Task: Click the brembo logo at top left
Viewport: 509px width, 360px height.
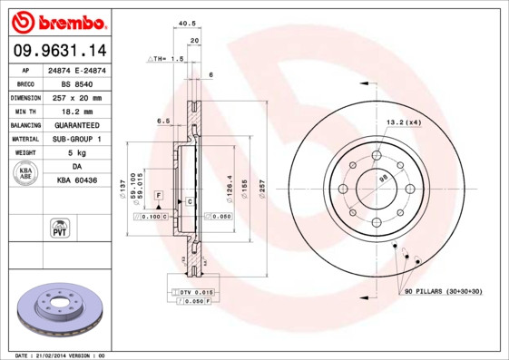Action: tap(59, 21)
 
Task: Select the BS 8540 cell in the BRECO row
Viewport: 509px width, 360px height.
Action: tap(77, 83)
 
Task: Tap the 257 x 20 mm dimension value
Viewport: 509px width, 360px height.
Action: tap(77, 97)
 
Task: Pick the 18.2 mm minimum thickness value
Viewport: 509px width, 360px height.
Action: tap(77, 111)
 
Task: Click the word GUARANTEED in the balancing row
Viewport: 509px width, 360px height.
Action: tap(77, 125)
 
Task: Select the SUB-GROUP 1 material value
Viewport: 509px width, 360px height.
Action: tap(77, 139)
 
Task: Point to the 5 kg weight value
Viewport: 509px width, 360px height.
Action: tap(77, 153)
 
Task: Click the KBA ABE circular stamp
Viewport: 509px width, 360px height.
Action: tap(26, 174)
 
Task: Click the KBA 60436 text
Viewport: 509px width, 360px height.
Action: tap(77, 181)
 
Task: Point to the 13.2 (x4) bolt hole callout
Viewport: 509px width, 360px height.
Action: tap(403, 122)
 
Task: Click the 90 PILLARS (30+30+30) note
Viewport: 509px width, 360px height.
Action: tap(443, 290)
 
